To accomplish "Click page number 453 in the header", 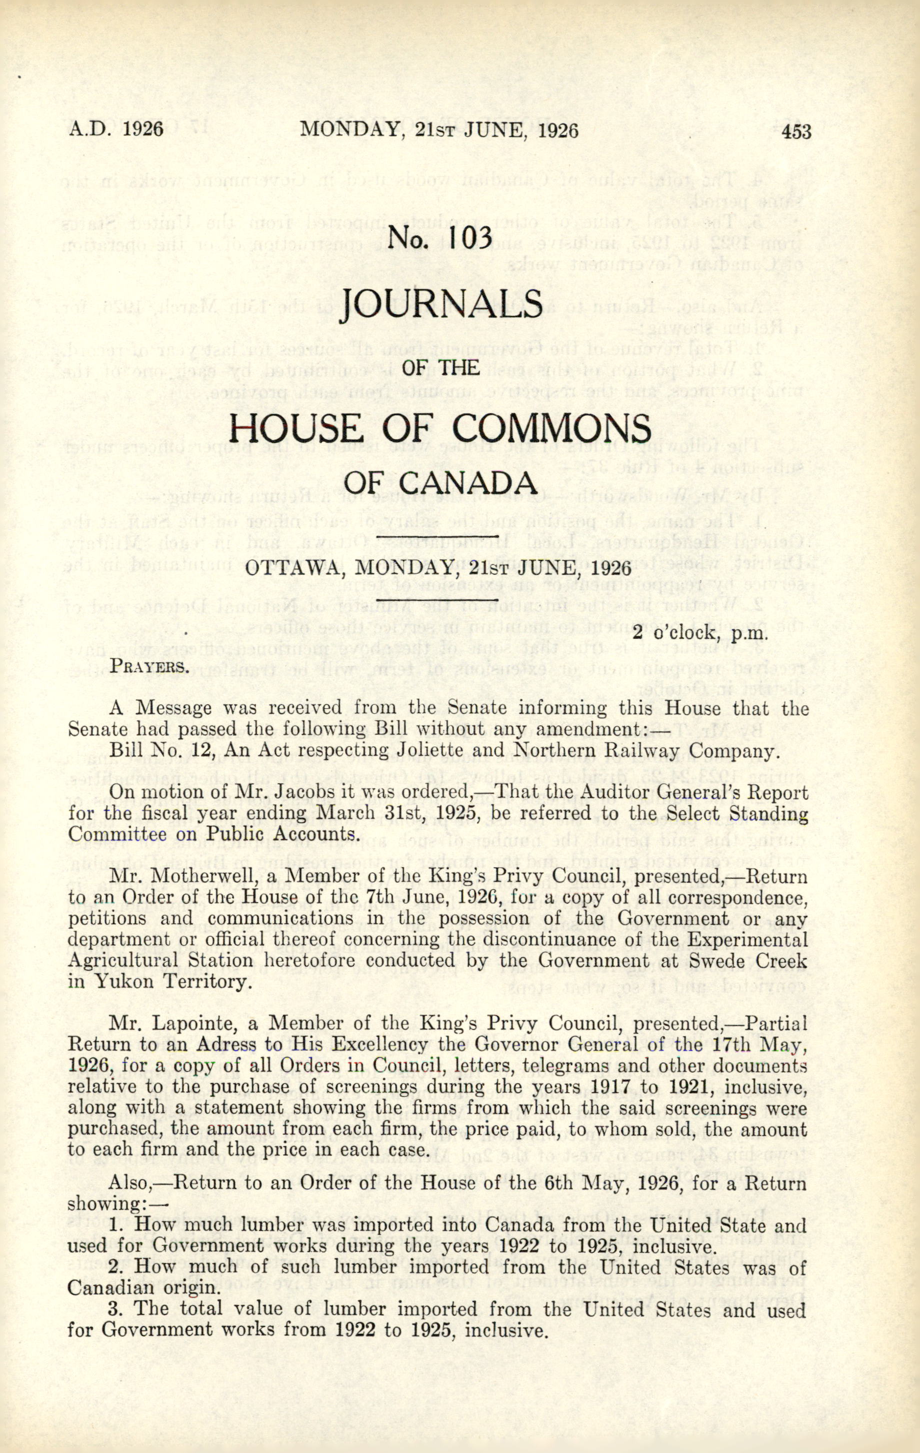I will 796,131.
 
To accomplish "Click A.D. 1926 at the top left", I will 115,130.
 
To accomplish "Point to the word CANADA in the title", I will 477,484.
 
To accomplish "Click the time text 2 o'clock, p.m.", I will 699,634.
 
